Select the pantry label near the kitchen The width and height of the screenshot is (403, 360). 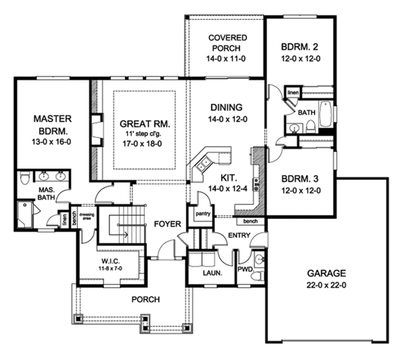tap(204, 214)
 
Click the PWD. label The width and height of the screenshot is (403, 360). tap(244, 269)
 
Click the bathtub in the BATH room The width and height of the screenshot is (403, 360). tap(324, 114)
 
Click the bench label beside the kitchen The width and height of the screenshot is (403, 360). tap(251, 220)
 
